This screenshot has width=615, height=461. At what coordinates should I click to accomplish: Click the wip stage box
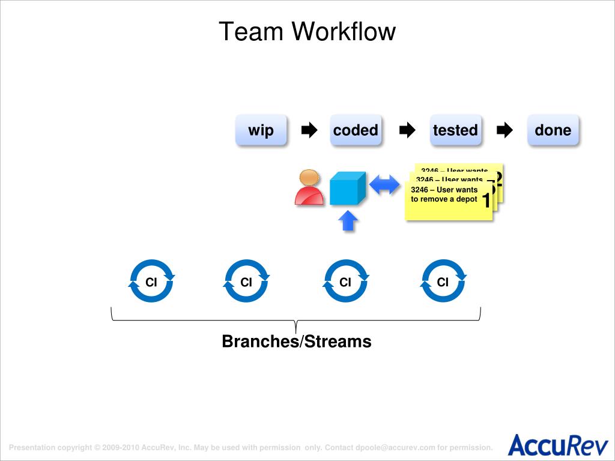coord(261,130)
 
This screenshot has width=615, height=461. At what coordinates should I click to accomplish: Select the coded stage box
coord(356,130)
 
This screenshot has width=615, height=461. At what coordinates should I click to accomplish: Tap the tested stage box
coord(455,130)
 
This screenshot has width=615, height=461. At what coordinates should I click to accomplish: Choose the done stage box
coord(553,130)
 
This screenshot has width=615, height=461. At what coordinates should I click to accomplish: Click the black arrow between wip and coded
coord(309,130)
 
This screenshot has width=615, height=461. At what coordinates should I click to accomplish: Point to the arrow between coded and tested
coord(407,130)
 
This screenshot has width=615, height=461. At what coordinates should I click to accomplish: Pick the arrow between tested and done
coord(505,130)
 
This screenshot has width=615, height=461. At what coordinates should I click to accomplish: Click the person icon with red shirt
coord(309,187)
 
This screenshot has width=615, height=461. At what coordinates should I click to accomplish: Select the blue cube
coord(348,188)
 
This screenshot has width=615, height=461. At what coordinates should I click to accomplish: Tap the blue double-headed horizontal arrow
coord(384,185)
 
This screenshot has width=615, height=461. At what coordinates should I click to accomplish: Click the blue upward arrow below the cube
coord(348,221)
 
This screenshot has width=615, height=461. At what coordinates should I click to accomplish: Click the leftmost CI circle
coord(151,281)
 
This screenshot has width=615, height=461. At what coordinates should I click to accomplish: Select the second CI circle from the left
coord(246,281)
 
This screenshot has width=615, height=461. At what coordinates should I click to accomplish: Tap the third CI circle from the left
coord(345,281)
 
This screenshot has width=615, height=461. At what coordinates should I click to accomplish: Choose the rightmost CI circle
coord(443,281)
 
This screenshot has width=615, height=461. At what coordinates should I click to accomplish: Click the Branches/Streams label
coord(297,342)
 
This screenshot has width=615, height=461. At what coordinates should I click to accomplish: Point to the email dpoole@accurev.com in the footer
coord(395,447)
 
